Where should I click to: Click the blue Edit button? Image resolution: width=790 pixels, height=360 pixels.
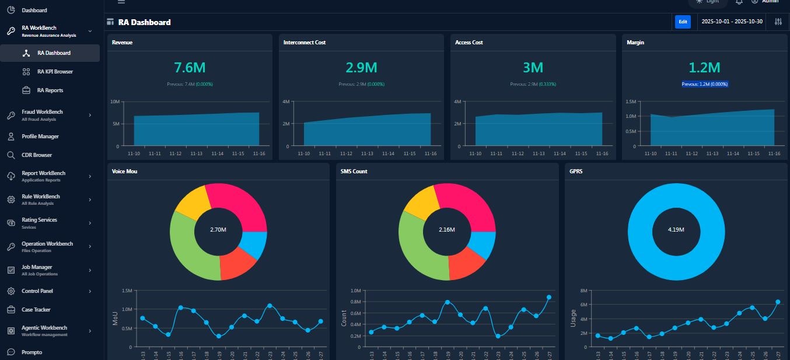tap(682, 22)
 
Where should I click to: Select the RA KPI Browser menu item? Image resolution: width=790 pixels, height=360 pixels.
tap(55, 72)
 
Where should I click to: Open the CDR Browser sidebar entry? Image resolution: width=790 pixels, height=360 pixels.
tap(37, 155)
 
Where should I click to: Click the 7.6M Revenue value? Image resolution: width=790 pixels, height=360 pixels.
tap(190, 68)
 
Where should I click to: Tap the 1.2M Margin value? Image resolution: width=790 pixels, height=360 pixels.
tap(704, 68)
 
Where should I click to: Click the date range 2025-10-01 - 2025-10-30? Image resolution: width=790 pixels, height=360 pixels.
tap(732, 22)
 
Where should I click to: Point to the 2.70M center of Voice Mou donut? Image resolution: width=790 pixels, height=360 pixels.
tap(218, 230)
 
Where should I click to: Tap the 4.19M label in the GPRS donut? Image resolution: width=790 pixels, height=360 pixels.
tap(676, 230)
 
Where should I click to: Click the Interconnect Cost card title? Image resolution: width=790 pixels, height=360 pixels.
tap(305, 43)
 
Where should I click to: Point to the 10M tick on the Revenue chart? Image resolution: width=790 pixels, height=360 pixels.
tap(115, 102)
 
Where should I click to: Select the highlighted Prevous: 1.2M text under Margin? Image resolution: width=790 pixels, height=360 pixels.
tap(704, 84)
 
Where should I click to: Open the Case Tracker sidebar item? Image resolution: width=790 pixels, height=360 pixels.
tap(36, 310)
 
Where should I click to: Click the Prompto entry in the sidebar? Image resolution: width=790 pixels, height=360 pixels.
tap(32, 352)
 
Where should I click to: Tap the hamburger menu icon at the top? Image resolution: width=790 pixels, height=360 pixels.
tap(121, 2)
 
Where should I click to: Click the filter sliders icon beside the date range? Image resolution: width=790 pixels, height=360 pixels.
tap(778, 22)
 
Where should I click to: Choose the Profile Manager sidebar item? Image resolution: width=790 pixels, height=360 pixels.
tap(40, 137)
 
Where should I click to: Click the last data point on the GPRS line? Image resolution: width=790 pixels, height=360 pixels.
tap(778, 302)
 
